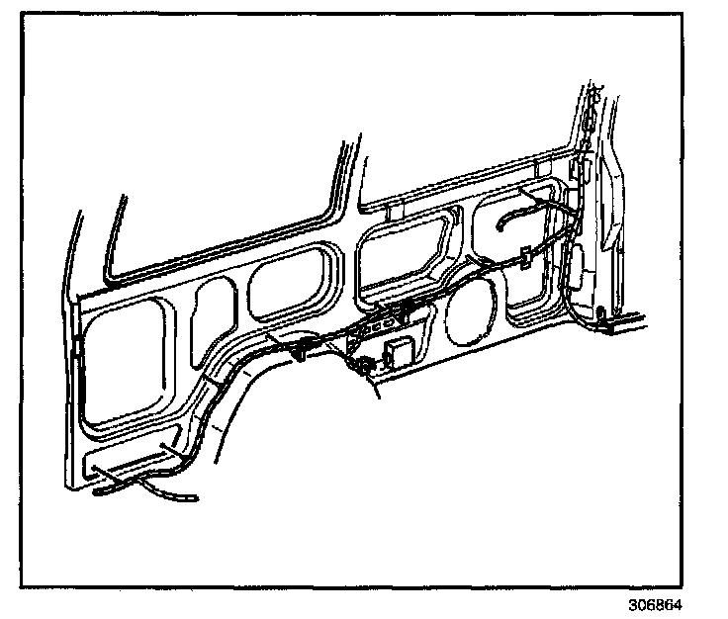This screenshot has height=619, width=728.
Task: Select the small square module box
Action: (400, 353)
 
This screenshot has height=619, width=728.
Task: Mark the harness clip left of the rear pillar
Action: (524, 256)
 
